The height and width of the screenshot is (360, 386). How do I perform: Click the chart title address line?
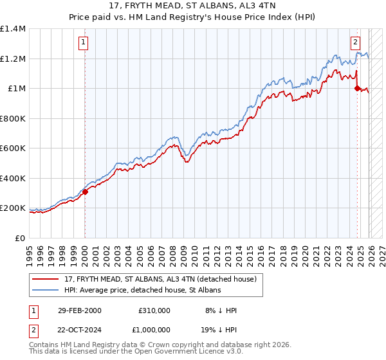coord(193,6)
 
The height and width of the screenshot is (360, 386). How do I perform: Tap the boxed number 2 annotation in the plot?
coord(356,43)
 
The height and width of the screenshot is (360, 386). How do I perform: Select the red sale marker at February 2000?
coord(85,192)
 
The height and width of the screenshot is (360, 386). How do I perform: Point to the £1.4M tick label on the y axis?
coord(13,29)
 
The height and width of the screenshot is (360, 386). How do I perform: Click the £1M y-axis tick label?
coord(17,89)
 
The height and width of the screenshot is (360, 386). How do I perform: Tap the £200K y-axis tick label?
coord(13,208)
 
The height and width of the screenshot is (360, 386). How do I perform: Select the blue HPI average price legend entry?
coord(141,290)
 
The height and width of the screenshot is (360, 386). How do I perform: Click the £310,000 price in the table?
coord(154,310)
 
